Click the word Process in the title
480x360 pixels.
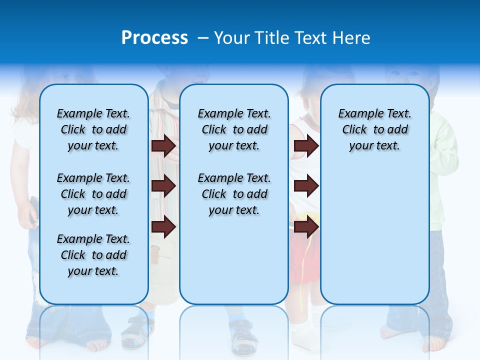pyautogui.click(x=154, y=38)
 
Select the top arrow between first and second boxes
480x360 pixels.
pyautogui.click(x=163, y=145)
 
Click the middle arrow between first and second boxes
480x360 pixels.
pyautogui.click(x=163, y=186)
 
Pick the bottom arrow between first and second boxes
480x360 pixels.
pyautogui.click(x=163, y=227)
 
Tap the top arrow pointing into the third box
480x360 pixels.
pyautogui.click(x=306, y=145)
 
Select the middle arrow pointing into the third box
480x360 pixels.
pyautogui.click(x=306, y=186)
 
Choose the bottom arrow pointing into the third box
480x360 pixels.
pyautogui.click(x=306, y=227)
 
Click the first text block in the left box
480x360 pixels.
pyautogui.click(x=93, y=129)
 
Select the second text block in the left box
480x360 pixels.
pyautogui.click(x=93, y=194)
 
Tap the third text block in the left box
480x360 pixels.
pyautogui.click(x=93, y=255)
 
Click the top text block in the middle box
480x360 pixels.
pyautogui.click(x=234, y=129)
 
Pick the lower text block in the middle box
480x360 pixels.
pyautogui.click(x=234, y=194)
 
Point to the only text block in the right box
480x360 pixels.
pyautogui.click(x=374, y=129)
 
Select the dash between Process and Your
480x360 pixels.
pyautogui.click(x=203, y=38)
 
